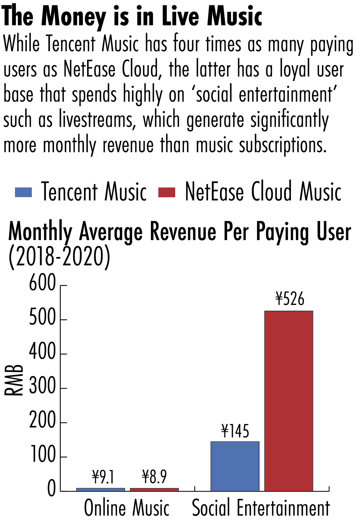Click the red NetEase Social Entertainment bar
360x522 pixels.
[x=289, y=401]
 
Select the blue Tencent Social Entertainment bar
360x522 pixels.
[x=235, y=466]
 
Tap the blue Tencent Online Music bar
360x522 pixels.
[x=100, y=490]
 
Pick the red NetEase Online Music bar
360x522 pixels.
[x=154, y=490]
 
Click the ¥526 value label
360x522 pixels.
[x=289, y=299]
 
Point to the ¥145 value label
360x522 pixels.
[x=235, y=431]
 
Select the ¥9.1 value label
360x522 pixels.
[x=103, y=477]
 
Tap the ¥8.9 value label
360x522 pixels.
[x=154, y=477]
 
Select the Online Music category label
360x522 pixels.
[x=127, y=508]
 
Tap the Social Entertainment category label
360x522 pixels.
[x=261, y=508]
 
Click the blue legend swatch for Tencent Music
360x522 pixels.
[x=23, y=192]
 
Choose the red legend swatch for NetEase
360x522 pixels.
[x=166, y=192]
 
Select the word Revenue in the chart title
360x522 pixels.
[x=183, y=232]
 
